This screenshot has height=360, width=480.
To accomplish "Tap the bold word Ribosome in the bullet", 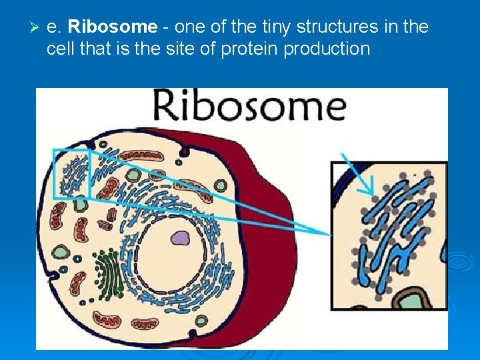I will [x=113, y=27].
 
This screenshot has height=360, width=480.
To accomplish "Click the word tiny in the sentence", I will [x=270, y=27].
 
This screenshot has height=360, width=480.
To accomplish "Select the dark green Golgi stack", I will [x=108, y=273].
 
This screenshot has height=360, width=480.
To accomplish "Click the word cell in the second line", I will [x=58, y=49].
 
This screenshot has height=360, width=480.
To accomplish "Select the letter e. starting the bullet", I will [x=54, y=27].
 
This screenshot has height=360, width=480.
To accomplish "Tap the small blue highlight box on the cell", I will [x=71, y=173].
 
